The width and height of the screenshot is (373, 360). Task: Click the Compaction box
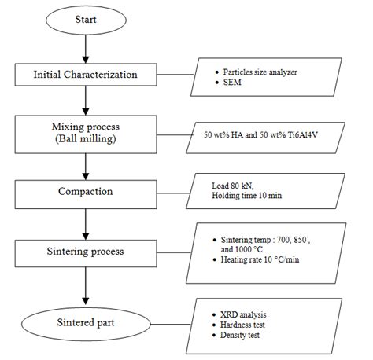(85, 190)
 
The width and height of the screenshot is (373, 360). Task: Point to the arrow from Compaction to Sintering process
(85, 222)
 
